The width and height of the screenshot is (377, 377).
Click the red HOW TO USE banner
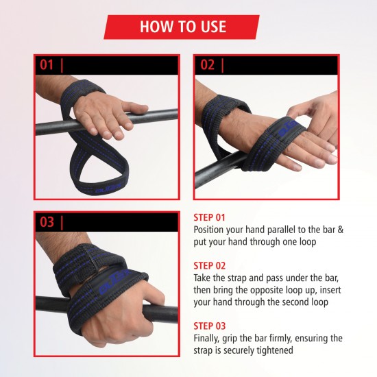click(x=182, y=27)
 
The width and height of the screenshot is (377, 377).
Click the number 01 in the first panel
click(x=47, y=65)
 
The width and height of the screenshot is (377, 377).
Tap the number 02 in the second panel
click(x=207, y=65)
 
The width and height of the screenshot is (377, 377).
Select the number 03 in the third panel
click(x=47, y=222)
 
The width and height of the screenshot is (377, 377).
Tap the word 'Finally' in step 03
click(x=209, y=338)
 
